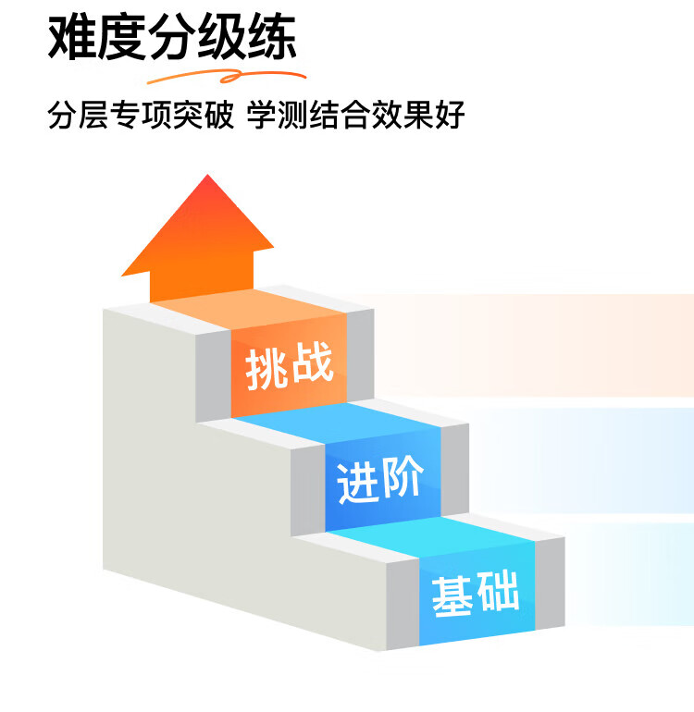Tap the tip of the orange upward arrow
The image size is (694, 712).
click(x=207, y=178)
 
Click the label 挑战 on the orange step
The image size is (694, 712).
click(x=289, y=367)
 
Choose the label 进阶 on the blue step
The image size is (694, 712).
click(x=381, y=480)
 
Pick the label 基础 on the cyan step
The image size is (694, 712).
click(x=475, y=593)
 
